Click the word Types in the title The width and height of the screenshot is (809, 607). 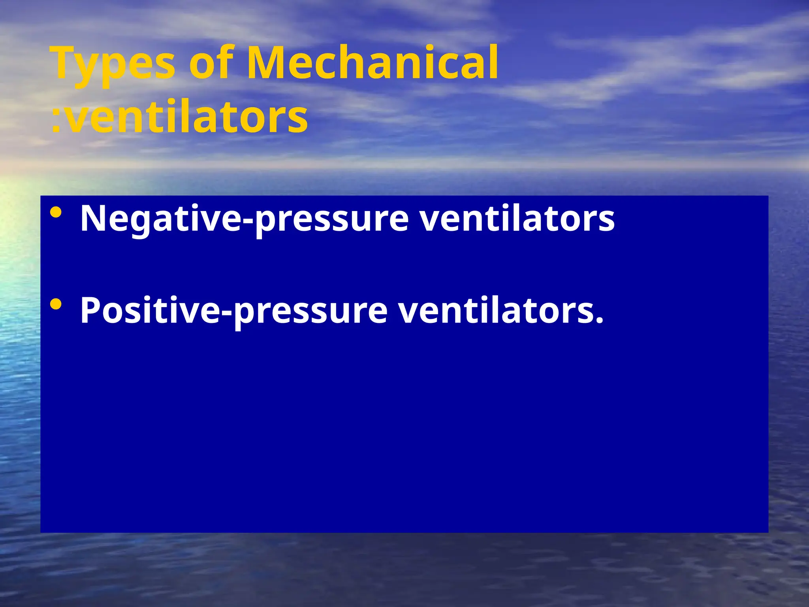pos(113,63)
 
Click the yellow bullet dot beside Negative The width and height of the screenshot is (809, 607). pos(56,213)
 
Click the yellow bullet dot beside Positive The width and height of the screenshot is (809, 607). pos(56,304)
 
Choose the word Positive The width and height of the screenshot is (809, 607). pos(150,310)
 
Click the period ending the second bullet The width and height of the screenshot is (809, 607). pos(600,320)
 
